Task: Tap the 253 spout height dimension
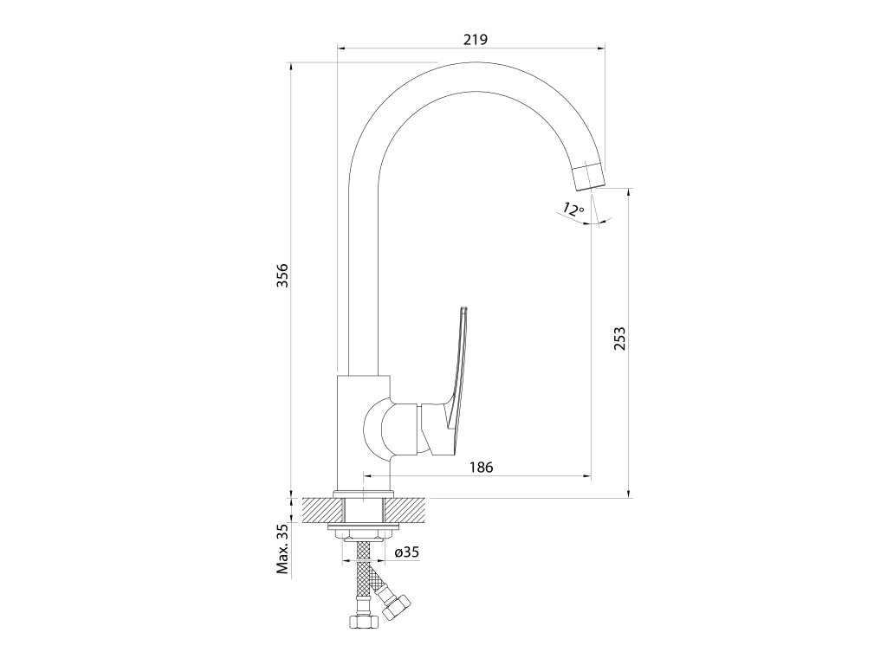coord(618,339)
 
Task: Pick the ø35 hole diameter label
coord(407,552)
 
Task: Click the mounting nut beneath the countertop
coord(364,530)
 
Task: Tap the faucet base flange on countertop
coord(364,494)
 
